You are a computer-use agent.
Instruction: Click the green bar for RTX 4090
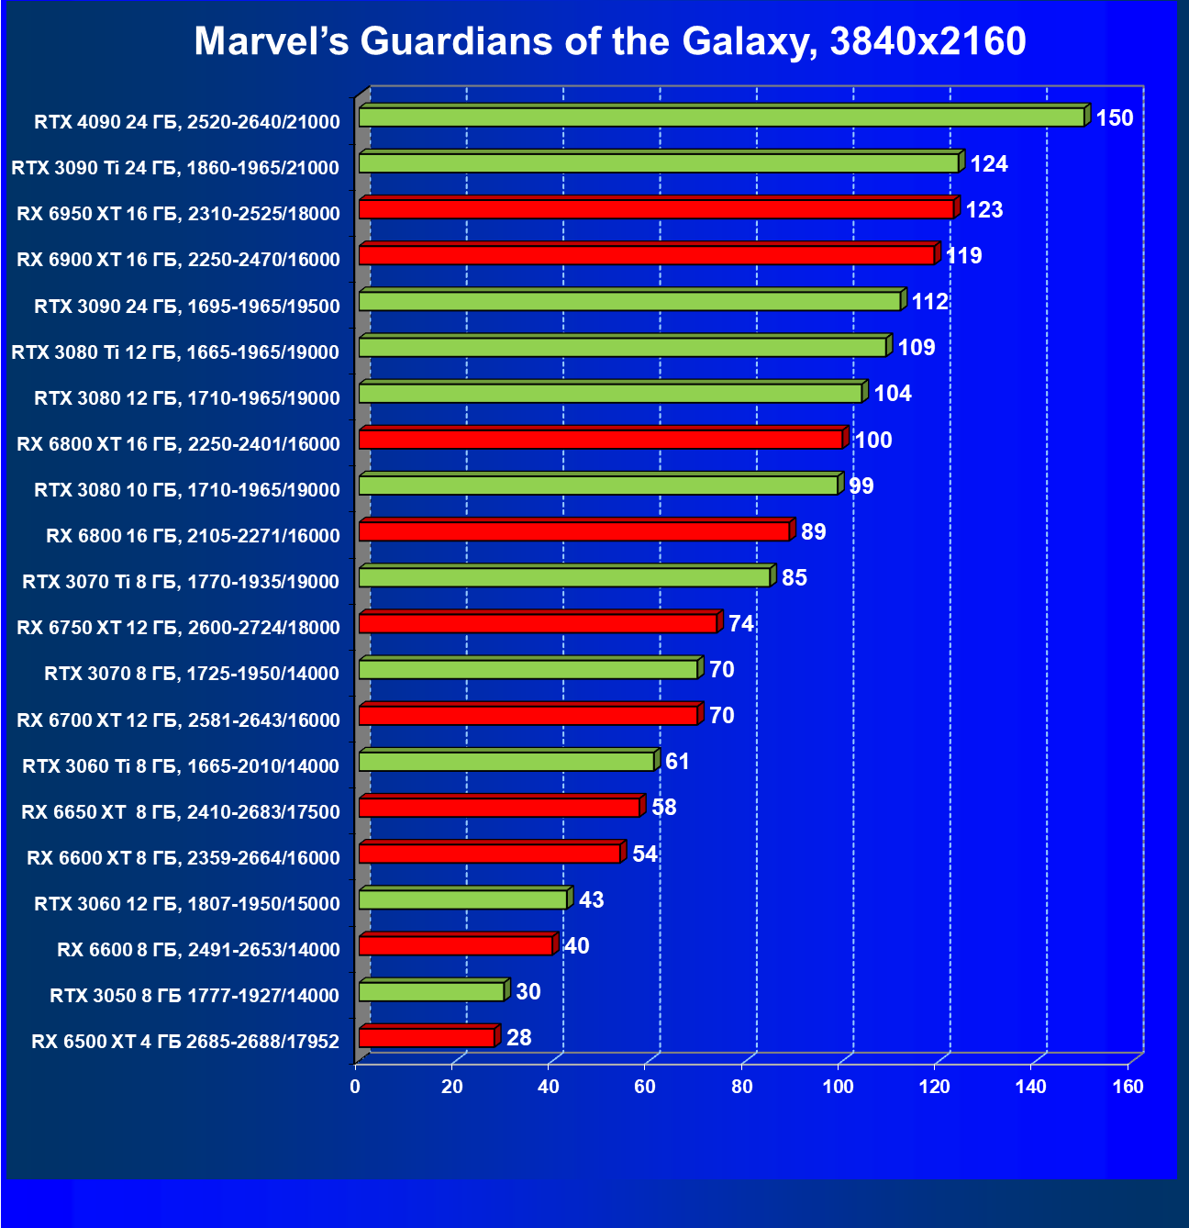721,117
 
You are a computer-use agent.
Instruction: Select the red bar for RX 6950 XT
656,209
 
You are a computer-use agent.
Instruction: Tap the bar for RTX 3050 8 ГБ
431,991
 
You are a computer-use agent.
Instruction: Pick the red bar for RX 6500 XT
427,1037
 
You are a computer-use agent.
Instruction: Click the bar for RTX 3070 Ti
564,577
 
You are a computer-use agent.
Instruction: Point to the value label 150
1115,118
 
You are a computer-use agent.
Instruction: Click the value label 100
872,441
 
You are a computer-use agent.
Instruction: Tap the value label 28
519,1038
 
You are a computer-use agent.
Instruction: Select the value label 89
814,532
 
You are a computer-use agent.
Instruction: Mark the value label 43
592,900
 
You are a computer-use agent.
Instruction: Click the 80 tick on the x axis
742,1088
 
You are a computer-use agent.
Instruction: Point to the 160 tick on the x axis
1128,1088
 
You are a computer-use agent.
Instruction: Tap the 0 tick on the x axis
355,1088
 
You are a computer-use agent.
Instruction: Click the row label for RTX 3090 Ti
175,168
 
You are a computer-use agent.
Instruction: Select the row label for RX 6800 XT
178,444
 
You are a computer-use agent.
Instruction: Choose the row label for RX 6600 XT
183,858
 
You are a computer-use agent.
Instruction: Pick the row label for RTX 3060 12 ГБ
187,904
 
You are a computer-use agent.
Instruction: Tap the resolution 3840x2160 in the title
928,41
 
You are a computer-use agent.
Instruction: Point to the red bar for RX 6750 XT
538,623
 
